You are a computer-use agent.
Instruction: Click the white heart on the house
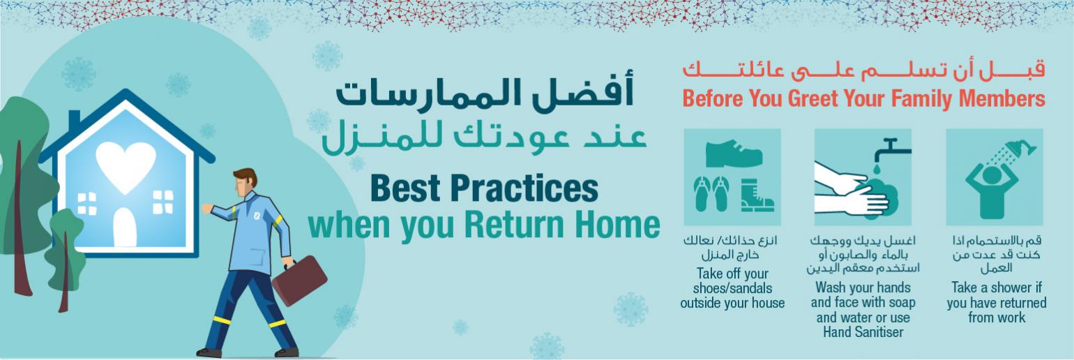point(126,166)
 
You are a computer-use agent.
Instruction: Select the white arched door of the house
point(125,227)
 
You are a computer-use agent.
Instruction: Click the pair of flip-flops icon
point(711,194)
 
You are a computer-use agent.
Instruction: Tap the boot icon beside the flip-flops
point(757,195)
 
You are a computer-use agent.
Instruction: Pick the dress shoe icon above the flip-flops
point(734,153)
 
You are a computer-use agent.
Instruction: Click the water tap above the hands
point(891,149)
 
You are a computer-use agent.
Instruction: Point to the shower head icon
point(1020,149)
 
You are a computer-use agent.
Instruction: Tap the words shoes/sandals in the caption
point(732,289)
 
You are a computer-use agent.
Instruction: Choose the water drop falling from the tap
point(877,169)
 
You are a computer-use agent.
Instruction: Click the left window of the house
point(86,204)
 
